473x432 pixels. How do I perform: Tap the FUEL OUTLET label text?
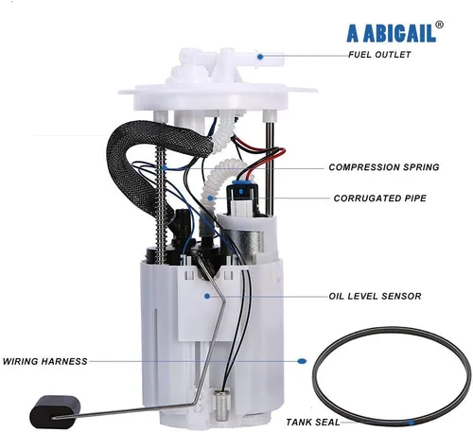(379, 55)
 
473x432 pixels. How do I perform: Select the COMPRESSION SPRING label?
(384, 167)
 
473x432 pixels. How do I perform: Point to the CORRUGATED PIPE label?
(380, 199)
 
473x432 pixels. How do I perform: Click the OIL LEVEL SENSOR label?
(375, 296)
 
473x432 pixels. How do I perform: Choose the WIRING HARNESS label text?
(45, 361)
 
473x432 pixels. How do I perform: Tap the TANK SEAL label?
(313, 422)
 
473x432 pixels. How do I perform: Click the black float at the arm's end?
(55, 411)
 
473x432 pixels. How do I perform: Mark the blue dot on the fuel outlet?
(260, 57)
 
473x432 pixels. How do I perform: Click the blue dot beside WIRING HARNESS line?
(302, 361)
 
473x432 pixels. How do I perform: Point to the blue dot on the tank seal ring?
(411, 423)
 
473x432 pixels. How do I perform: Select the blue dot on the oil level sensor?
(207, 296)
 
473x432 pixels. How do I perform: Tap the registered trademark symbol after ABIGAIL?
(439, 25)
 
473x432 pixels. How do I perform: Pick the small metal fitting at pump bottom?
(220, 400)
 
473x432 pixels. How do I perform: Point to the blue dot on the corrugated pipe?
(211, 198)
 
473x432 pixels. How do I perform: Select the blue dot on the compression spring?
(164, 167)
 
